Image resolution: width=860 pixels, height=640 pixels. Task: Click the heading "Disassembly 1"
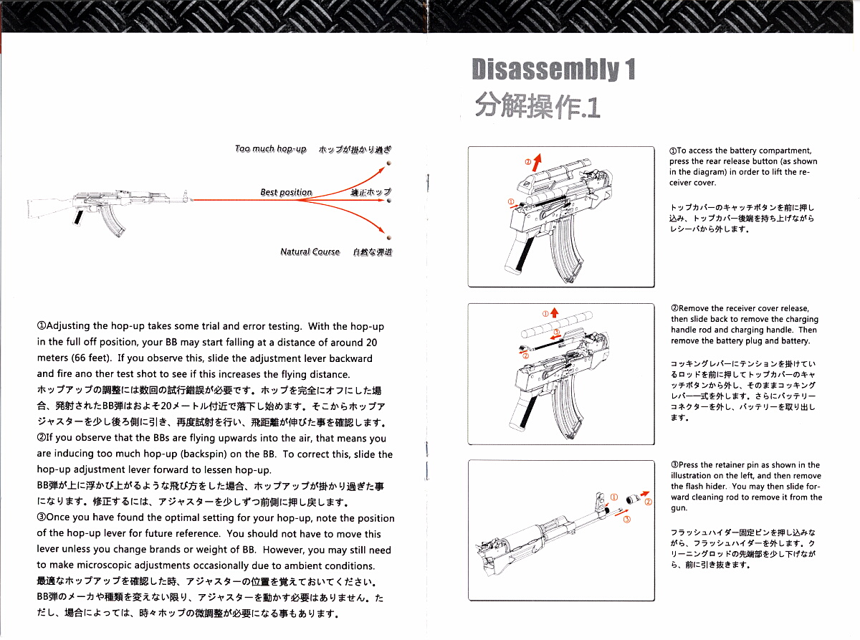tap(553, 70)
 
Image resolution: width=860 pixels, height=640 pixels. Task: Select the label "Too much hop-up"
tap(270, 149)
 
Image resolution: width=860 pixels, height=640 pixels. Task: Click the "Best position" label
tap(286, 192)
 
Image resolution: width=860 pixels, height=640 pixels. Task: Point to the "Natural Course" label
tap(310, 252)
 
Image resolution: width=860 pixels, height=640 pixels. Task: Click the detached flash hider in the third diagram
tap(633, 500)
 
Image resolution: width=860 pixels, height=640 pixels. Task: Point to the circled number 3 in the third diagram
tap(626, 520)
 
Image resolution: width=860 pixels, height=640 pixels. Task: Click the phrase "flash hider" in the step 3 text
tap(721, 487)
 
